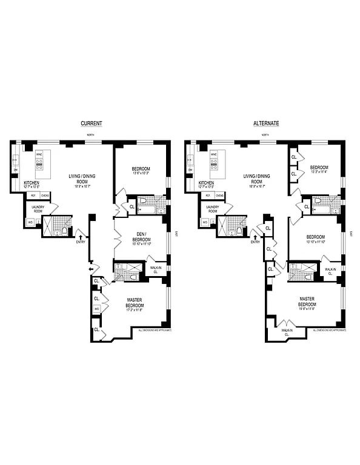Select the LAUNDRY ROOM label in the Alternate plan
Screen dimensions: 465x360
tap(212, 209)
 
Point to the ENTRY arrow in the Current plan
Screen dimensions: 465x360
tap(80, 231)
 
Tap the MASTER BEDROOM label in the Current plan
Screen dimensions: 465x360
tap(139, 302)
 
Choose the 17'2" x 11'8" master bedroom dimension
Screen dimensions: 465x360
tap(139, 311)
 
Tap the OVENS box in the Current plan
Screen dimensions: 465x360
tap(45, 196)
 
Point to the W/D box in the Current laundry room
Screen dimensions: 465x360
tap(30, 222)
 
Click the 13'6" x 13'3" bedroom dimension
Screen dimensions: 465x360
tap(140, 173)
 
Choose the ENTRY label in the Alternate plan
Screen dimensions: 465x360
tap(255, 242)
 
